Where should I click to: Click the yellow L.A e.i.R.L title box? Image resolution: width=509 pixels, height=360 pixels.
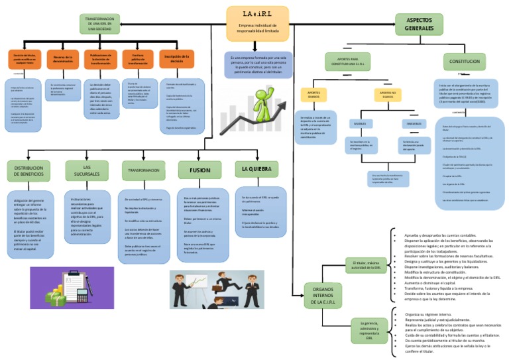click(257, 24)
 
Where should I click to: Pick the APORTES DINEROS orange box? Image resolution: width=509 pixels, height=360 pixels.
click(314, 95)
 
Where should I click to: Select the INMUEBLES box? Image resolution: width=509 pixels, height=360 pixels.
click(414, 124)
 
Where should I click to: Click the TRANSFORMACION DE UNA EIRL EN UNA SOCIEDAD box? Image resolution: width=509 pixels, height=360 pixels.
click(100, 24)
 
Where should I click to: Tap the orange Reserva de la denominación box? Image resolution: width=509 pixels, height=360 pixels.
click(63, 59)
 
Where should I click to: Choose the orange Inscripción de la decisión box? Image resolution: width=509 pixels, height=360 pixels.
click(176, 58)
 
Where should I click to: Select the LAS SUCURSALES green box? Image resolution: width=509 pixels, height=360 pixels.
click(86, 170)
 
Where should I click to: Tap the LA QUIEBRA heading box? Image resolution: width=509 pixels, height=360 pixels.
click(256, 169)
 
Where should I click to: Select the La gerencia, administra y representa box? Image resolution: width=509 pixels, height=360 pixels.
click(369, 330)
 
